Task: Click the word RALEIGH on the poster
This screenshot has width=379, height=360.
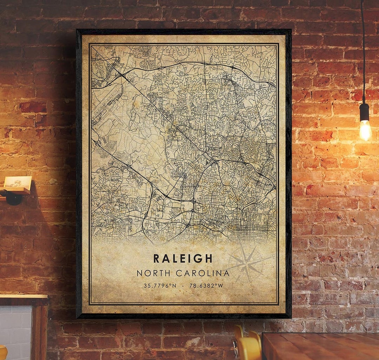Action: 183,258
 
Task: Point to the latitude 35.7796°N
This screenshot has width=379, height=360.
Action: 160,286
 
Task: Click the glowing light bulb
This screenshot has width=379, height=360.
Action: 365,130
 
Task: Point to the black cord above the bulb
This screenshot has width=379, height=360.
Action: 363,53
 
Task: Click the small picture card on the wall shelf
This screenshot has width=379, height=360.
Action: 18,182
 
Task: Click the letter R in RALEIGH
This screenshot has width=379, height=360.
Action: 157,258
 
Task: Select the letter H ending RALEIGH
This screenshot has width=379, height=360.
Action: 209,258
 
